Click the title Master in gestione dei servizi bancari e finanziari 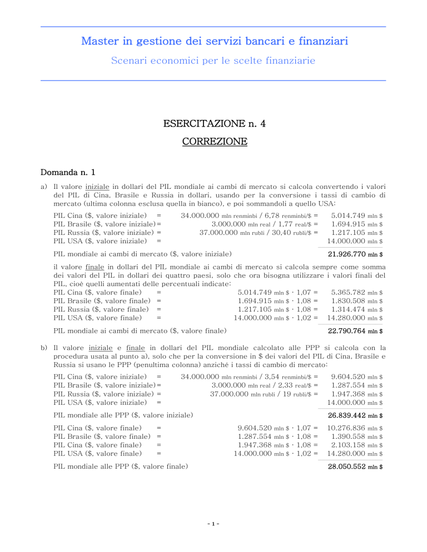coord(213,41)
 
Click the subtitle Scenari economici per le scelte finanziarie coord(213,60)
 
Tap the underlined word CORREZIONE coord(213,142)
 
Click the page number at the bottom coord(213,537)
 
